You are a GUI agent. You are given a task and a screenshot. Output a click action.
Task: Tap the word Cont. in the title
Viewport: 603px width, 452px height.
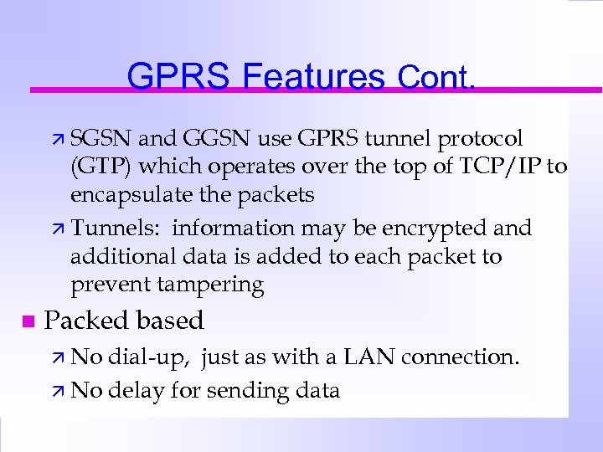coord(436,78)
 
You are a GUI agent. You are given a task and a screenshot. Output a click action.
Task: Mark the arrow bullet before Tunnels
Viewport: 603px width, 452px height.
coord(59,229)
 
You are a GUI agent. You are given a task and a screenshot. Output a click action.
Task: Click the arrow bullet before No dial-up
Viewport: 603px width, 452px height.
coord(59,358)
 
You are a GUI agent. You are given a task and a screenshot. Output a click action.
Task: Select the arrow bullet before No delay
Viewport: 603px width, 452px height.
coord(59,391)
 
